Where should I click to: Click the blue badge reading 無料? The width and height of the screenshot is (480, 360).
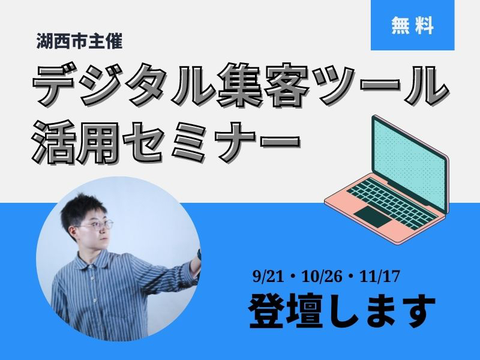(412, 25)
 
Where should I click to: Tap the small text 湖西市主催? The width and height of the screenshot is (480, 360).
(80, 41)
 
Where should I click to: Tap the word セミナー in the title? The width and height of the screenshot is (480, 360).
(212, 142)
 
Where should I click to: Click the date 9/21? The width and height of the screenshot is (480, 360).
(267, 277)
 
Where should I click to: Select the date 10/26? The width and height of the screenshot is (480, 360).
(322, 277)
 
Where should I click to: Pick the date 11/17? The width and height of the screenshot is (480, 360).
(380, 277)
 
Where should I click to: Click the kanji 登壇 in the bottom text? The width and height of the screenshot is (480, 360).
(286, 311)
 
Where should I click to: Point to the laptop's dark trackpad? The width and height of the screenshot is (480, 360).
(373, 217)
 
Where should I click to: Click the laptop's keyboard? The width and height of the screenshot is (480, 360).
(392, 202)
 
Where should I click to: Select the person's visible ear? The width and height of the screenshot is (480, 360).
(73, 233)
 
